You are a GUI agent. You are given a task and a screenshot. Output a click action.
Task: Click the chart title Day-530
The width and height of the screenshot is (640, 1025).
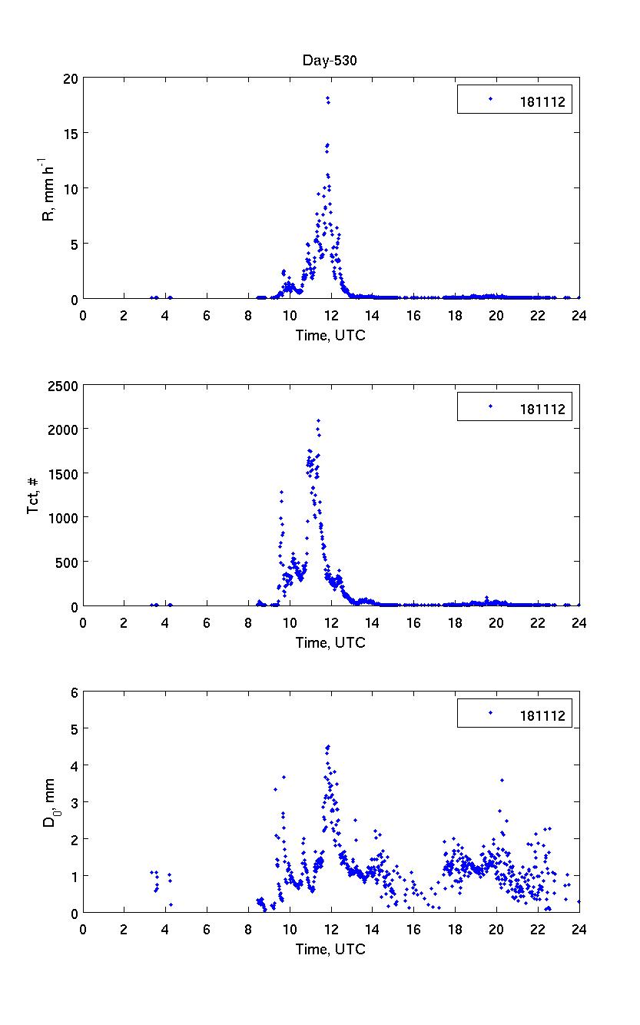[330, 62]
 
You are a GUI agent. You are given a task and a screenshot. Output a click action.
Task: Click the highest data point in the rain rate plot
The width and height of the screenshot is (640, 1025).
[327, 98]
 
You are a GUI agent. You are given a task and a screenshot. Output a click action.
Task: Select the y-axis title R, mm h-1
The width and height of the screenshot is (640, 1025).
[48, 188]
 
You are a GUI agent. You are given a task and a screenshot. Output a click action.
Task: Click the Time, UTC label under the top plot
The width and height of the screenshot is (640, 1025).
[330, 335]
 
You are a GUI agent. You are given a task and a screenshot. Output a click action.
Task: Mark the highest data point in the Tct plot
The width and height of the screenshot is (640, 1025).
[318, 420]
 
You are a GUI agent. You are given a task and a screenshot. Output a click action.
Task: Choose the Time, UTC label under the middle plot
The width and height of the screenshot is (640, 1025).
[330, 642]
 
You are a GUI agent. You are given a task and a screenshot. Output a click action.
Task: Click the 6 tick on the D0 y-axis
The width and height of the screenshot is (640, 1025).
[75, 692]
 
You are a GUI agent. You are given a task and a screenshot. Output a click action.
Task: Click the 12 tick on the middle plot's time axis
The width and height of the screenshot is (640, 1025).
[331, 621]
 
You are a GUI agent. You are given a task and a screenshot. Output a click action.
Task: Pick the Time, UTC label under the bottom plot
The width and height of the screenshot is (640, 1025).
[330, 950]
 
